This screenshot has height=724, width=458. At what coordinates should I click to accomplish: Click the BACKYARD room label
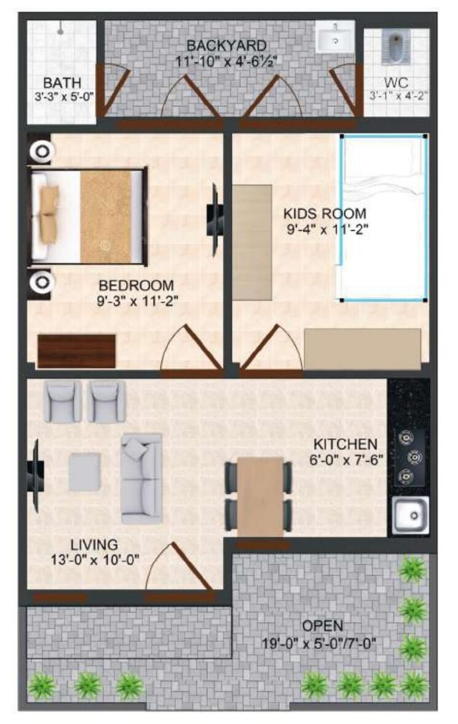tap(227, 45)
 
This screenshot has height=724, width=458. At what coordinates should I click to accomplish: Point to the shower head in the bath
tap(61, 28)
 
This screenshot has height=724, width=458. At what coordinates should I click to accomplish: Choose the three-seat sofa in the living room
tap(141, 478)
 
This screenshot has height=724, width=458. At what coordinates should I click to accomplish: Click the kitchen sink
tap(409, 515)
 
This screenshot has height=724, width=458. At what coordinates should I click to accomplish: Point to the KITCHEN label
tap(345, 444)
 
